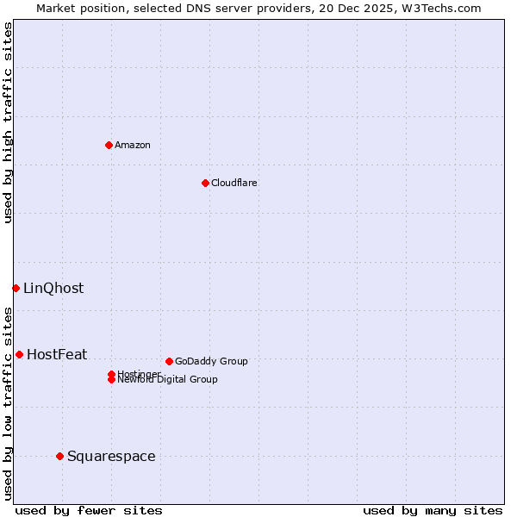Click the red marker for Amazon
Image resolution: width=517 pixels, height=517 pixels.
[109, 145]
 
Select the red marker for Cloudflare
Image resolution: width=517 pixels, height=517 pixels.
[205, 183]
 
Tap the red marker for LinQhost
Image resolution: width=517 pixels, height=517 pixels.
[16, 288]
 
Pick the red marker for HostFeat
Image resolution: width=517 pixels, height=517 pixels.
[19, 354]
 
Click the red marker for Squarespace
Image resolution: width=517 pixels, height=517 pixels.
[59, 456]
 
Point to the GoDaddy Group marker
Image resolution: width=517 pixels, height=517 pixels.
[169, 361]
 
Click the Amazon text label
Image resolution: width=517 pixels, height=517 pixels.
[133, 145]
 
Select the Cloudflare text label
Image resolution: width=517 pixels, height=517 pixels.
[234, 183]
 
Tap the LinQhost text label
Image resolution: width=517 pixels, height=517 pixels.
[53, 288]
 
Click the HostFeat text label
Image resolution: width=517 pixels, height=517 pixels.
[57, 354]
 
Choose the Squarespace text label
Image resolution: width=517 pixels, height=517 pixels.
[111, 456]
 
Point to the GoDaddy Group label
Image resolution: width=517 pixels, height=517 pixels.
[211, 361]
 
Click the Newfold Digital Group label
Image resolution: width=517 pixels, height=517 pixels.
[168, 380]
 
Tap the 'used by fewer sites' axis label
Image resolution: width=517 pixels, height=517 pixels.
[89, 510]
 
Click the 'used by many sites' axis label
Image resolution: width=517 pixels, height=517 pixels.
[433, 510]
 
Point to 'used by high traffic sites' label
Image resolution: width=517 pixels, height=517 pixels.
[8, 122]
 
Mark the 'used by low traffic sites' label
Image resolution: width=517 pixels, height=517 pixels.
[8, 402]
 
